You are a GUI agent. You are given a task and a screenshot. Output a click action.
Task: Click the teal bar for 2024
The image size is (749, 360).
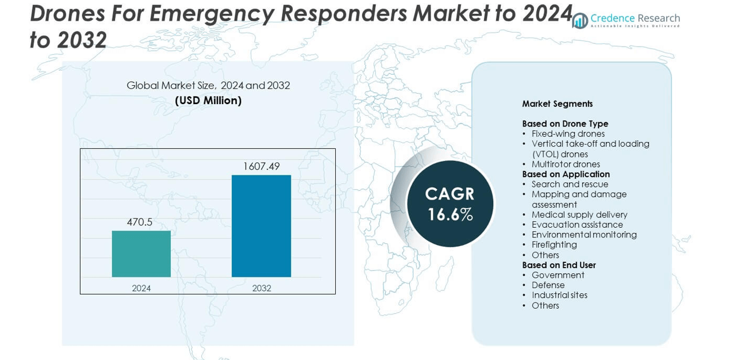click(141, 254)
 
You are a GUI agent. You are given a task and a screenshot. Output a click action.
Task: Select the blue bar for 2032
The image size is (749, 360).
click(261, 226)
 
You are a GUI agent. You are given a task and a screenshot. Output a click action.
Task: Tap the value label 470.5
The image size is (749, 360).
click(140, 222)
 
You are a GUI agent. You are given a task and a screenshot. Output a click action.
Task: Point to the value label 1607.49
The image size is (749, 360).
click(261, 166)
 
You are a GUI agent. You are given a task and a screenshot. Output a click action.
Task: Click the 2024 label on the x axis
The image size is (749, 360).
click(141, 288)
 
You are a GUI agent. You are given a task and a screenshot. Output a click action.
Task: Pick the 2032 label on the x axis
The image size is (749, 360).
click(262, 288)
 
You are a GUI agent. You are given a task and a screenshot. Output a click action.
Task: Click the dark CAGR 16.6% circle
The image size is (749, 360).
click(450, 204)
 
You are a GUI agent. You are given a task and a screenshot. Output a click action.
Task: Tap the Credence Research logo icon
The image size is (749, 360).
click(581, 21)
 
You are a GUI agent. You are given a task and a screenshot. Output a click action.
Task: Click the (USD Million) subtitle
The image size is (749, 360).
click(208, 101)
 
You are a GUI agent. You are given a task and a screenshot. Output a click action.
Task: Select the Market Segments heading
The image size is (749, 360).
click(557, 104)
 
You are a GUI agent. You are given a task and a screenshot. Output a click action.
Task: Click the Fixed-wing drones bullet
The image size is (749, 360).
click(567, 134)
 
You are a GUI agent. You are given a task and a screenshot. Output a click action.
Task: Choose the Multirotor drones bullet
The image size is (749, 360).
click(565, 164)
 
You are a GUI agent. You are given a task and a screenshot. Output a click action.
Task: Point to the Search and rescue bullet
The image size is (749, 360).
click(569, 185)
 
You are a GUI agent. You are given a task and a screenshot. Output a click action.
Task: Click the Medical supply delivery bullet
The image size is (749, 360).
click(579, 215)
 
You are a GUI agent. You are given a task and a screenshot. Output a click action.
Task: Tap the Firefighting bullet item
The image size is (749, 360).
click(554, 245)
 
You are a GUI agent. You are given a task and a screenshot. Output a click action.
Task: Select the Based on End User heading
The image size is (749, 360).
click(559, 265)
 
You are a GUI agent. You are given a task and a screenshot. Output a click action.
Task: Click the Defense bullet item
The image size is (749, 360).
click(548, 285)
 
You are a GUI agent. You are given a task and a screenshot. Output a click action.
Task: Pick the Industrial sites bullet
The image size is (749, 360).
click(559, 296)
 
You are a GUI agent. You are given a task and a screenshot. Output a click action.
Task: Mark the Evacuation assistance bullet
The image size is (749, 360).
click(577, 225)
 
